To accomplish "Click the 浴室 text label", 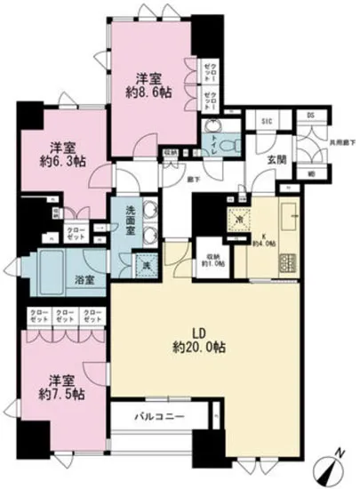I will tap(85, 277).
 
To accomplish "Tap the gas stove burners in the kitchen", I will tap(287, 261).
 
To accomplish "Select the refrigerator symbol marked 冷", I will tap(238, 220).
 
